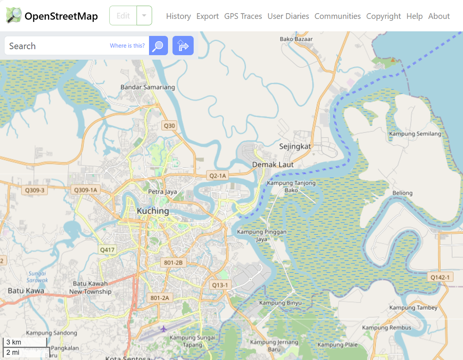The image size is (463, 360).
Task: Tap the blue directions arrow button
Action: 183,46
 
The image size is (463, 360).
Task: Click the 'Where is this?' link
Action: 127,45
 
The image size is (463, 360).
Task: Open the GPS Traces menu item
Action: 243,16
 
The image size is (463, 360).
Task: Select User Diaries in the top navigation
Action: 288,16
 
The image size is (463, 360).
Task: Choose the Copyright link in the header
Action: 383,16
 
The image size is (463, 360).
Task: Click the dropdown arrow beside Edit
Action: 144,16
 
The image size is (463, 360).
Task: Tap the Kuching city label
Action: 153,211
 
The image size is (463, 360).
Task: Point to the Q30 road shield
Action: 169,126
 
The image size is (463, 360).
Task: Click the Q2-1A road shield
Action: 218,176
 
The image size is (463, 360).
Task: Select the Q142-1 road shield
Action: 440,277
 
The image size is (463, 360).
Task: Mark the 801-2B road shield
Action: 173,263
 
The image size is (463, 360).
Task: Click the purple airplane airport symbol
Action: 164,329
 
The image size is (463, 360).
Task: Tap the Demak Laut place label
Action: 273,165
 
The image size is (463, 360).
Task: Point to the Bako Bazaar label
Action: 296,39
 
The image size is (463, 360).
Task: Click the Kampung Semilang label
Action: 415,134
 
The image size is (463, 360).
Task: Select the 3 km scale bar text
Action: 14,342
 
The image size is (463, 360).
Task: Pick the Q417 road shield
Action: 107,250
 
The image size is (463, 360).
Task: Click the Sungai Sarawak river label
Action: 38,277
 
